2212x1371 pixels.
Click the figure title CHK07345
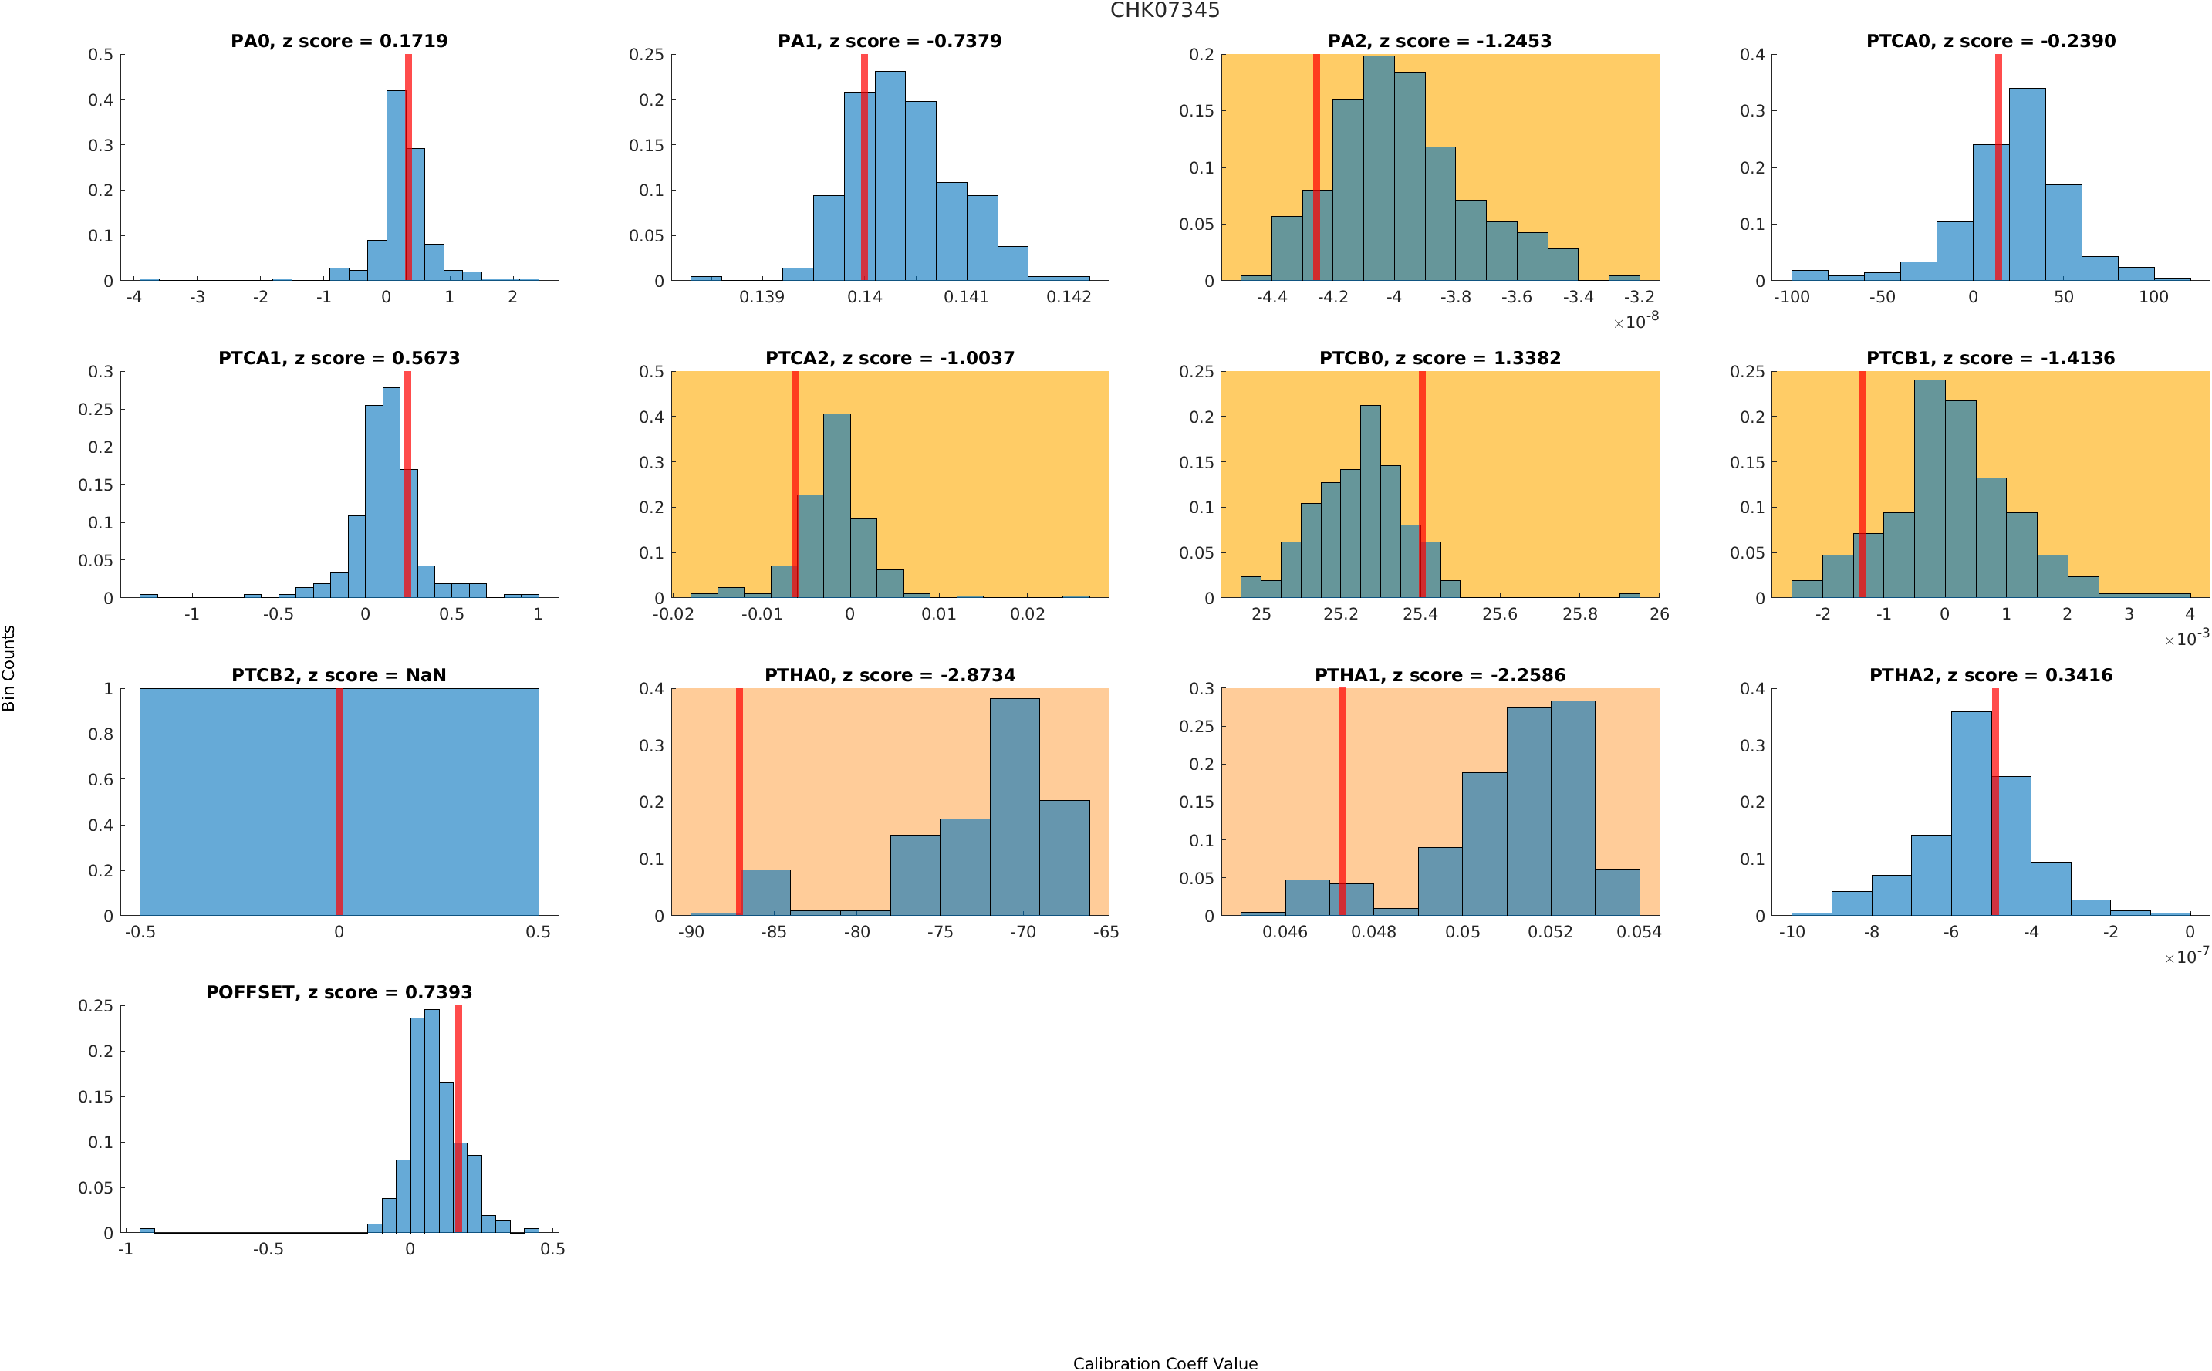(x=1164, y=10)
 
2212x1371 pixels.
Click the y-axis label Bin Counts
(x=9, y=667)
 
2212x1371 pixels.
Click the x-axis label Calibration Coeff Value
(x=1164, y=1363)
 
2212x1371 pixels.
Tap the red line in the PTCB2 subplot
(x=339, y=802)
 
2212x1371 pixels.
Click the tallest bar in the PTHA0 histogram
(x=1014, y=807)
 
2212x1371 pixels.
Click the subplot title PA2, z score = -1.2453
(x=1439, y=41)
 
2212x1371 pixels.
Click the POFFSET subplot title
(x=338, y=992)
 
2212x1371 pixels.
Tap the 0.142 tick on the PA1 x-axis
(x=1068, y=297)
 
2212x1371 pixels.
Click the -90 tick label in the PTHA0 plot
(x=691, y=932)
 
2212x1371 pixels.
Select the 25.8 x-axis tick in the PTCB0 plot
(x=1579, y=615)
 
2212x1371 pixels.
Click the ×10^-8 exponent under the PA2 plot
(x=1636, y=321)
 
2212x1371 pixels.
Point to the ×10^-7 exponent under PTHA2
(x=2186, y=957)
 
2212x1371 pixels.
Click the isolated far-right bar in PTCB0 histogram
(x=1629, y=596)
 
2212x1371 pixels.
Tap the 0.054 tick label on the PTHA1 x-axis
(x=1638, y=932)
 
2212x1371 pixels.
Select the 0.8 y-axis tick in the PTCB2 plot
(x=102, y=734)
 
